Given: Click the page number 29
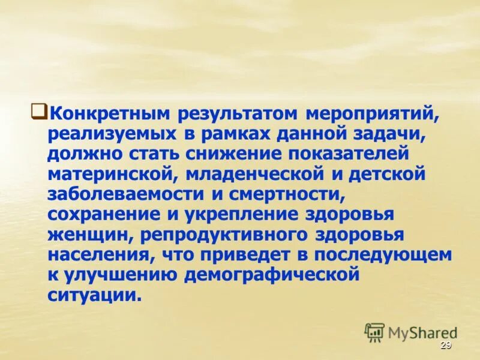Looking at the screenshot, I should coord(445,345).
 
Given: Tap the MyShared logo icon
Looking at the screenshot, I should coord(375,332).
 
